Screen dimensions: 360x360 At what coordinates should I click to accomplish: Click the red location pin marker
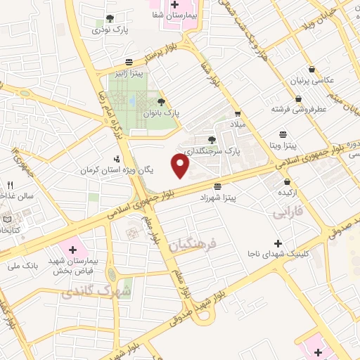tap(181, 166)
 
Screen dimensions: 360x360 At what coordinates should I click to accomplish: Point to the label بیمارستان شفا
tap(175, 14)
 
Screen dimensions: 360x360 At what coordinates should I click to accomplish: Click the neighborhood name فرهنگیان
tap(195, 246)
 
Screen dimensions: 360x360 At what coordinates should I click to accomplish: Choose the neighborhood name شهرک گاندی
tap(96, 289)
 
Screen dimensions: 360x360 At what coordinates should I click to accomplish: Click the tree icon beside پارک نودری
tap(110, 18)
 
